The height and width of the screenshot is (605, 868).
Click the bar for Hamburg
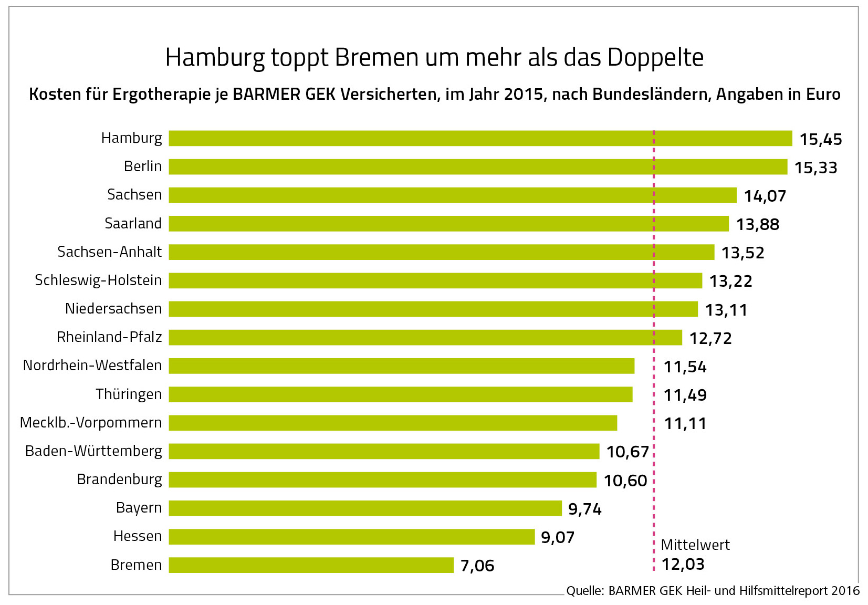pos(480,138)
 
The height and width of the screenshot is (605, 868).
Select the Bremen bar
pos(311,565)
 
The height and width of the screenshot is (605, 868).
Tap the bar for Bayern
pos(365,508)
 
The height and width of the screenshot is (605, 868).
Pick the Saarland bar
pos(448,224)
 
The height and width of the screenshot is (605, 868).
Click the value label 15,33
pos(815,168)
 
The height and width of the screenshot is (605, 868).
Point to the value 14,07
pos(765,196)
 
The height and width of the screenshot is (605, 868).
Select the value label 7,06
pos(477,566)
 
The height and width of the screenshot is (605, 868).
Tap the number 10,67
pos(628,452)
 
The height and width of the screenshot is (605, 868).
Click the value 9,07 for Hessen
pos(558,538)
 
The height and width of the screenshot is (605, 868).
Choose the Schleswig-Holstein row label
pos(98,280)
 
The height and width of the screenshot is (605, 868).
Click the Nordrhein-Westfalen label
pos(92,366)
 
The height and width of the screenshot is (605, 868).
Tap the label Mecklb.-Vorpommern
pos(91,423)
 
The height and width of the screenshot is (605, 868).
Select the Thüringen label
pos(129,394)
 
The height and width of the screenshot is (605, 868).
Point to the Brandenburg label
pos(119,479)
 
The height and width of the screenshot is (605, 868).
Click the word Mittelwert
pos(695,545)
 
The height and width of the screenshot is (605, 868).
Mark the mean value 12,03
pos(683,565)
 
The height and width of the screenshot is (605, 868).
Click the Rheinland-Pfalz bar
pos(425,337)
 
